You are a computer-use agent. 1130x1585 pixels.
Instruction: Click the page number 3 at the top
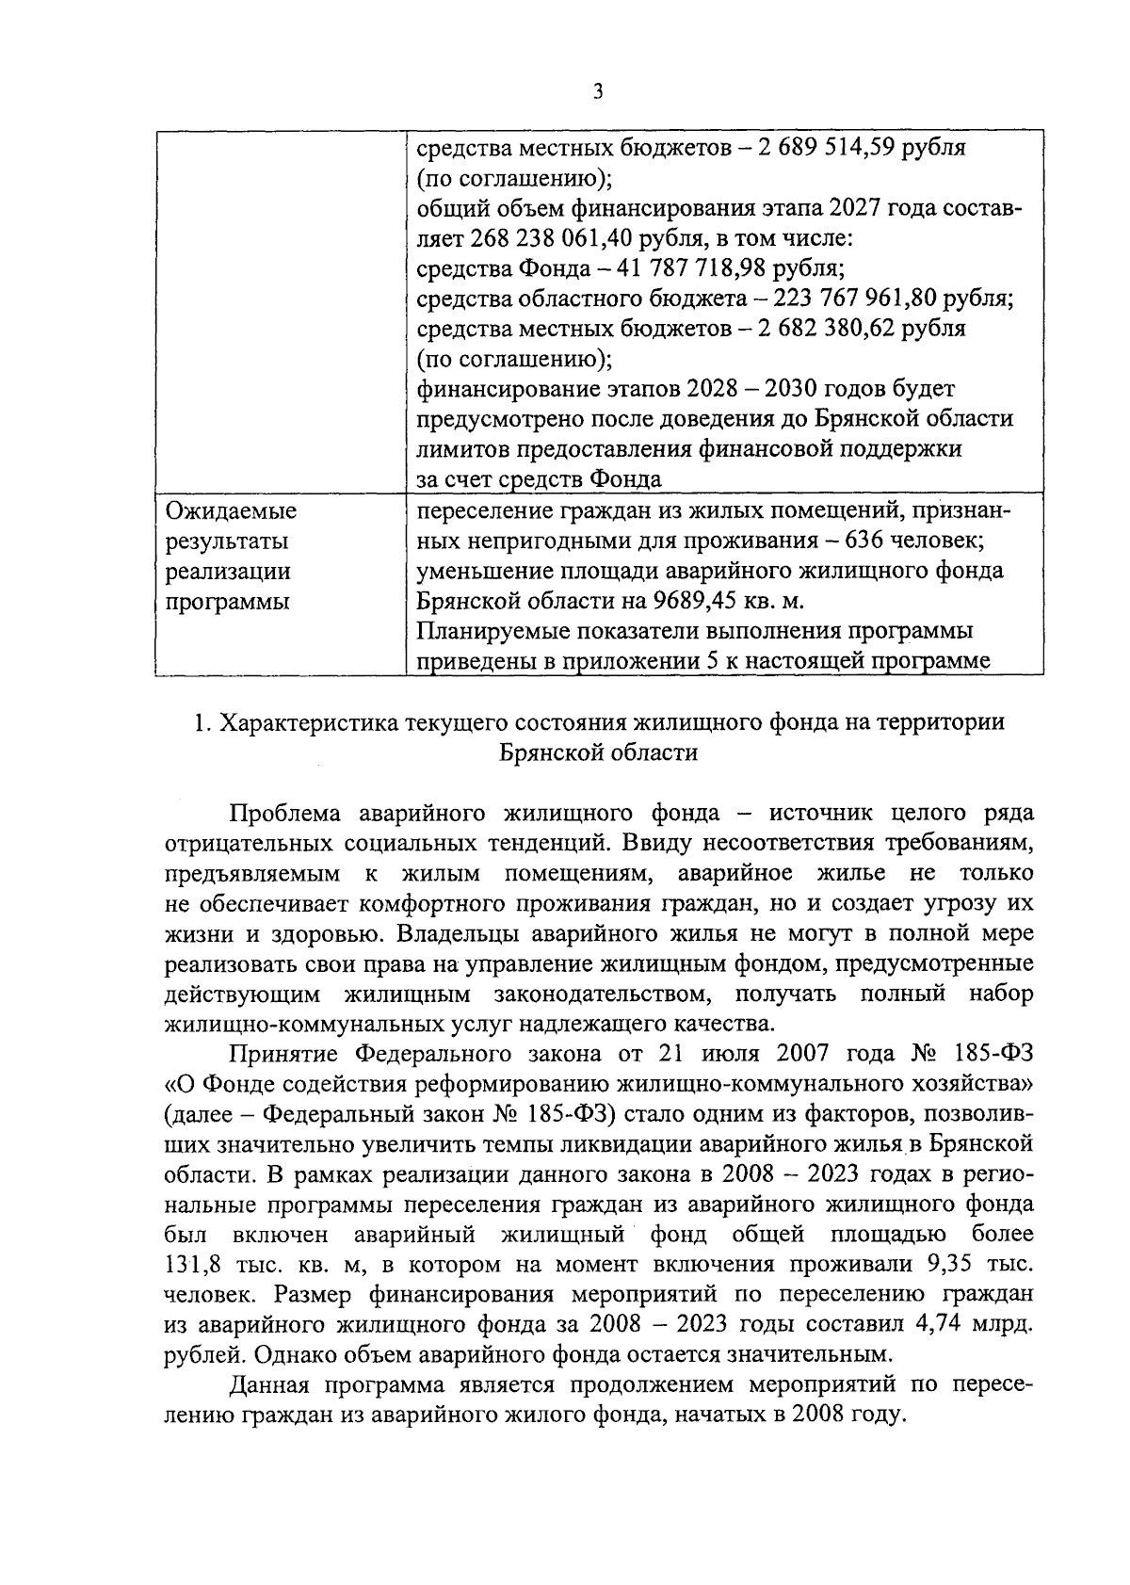tap(598, 91)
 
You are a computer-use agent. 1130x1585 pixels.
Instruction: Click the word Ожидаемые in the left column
tap(231, 511)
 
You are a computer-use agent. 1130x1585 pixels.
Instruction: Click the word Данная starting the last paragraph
tap(268, 1386)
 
